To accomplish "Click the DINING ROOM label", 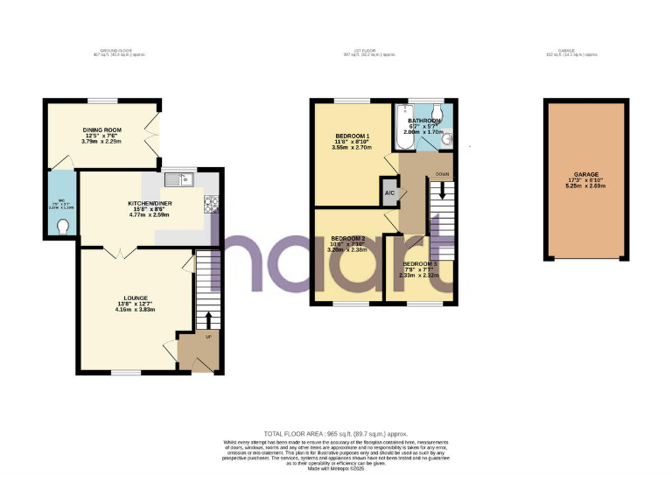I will point(101,129).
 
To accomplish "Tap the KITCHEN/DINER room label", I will point(150,203).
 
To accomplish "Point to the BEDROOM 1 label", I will point(353,136).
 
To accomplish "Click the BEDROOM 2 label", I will point(348,238).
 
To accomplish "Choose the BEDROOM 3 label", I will point(418,263).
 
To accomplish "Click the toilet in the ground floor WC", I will point(61,226).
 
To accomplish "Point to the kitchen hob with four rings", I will point(211,205).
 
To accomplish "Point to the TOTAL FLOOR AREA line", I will point(336,433).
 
